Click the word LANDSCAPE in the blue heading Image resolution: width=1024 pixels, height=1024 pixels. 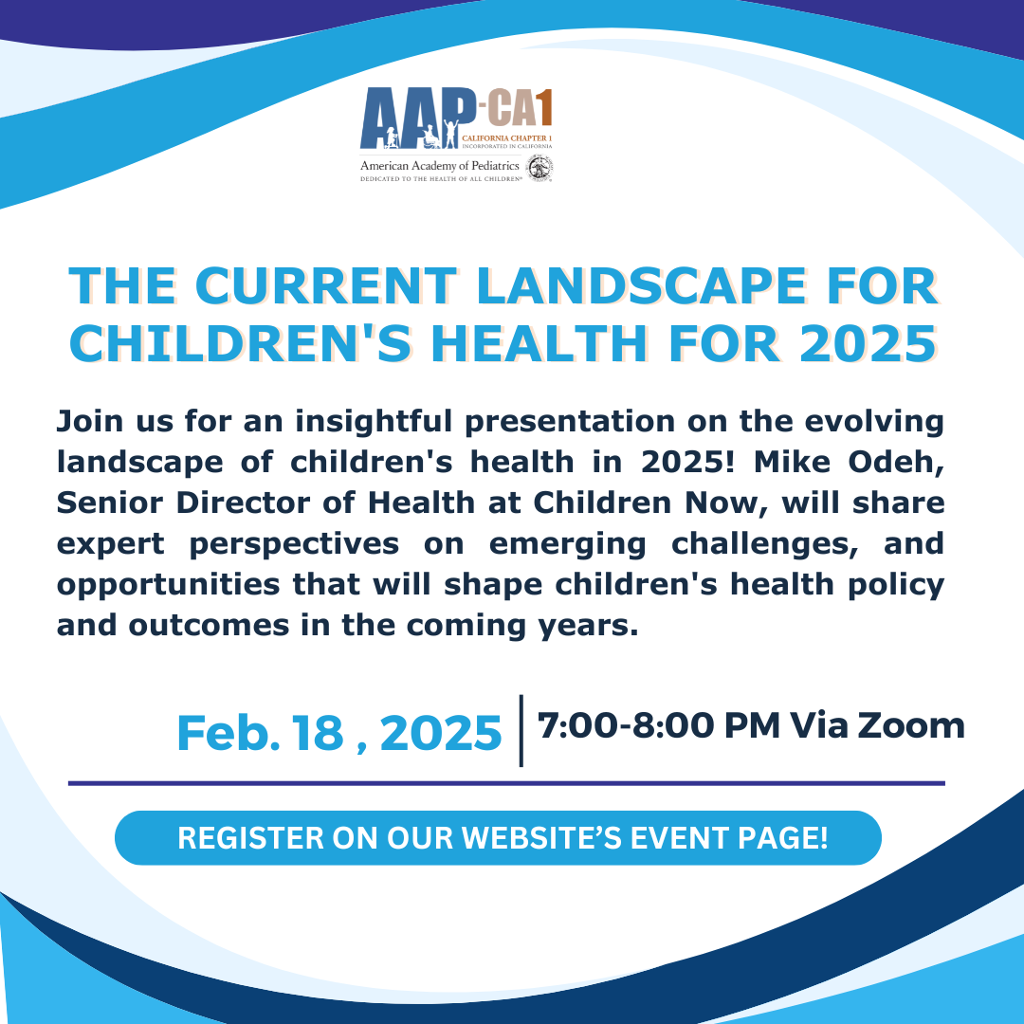click(641, 286)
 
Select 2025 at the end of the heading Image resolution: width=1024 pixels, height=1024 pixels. click(869, 343)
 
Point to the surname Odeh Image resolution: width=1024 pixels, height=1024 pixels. click(896, 463)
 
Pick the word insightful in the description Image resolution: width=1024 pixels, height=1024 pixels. click(374, 421)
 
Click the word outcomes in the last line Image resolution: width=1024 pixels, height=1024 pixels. click(209, 626)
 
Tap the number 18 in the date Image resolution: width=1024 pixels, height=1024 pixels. click(318, 733)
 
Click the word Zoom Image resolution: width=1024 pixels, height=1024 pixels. click(911, 725)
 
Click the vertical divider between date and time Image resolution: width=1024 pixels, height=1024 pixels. click(521, 731)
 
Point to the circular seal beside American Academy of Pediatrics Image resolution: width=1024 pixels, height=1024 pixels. click(540, 169)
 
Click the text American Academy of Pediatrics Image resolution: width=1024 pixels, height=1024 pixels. click(440, 166)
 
